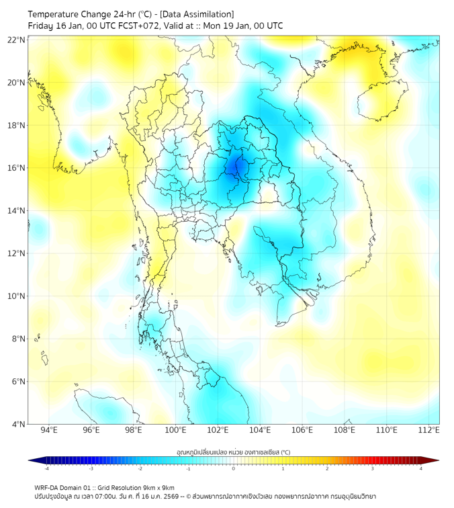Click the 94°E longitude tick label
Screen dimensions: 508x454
point(49,431)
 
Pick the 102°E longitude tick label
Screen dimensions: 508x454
point(218,431)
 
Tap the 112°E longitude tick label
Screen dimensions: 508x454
point(428,431)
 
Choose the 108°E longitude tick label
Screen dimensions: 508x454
point(345,431)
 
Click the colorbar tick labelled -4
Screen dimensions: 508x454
point(46,468)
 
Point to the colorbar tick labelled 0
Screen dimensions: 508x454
point(234,468)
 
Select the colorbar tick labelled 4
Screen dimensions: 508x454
point(421,468)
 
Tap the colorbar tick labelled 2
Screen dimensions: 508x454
point(327,468)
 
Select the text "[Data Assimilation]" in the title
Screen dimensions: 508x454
point(199,13)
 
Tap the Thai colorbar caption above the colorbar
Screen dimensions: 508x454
point(233,452)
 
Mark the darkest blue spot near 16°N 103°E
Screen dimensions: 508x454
point(236,165)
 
